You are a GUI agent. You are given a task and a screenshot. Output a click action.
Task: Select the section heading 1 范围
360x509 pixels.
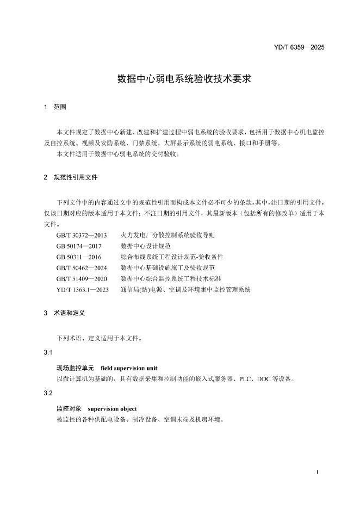pos(55,108)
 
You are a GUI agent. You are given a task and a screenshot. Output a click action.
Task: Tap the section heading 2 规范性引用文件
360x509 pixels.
pos(71,177)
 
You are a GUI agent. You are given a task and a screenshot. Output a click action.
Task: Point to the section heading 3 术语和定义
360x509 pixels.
pos(65,314)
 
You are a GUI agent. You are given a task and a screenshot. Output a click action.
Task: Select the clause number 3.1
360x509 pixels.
pos(48,353)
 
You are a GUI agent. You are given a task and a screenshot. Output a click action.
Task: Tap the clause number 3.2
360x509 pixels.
pos(48,393)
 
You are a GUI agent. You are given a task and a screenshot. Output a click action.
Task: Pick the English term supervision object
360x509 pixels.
pos(111,408)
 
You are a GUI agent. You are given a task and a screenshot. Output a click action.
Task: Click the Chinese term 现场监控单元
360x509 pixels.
pos(75,368)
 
